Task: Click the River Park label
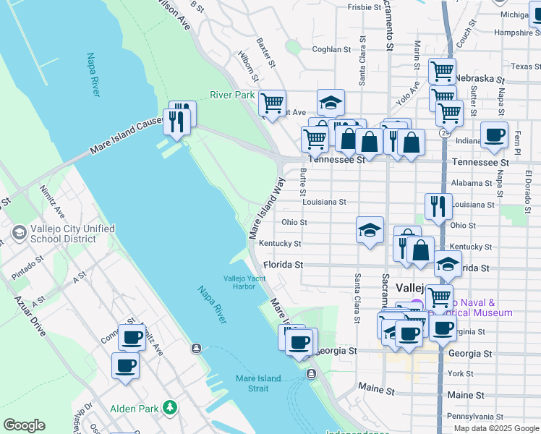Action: (232, 95)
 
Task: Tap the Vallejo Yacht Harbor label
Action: (239, 282)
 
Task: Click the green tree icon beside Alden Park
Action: (170, 408)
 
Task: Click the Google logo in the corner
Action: (24, 425)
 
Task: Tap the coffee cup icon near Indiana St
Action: (495, 135)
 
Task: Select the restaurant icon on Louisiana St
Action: (438, 206)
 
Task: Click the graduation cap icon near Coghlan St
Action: (331, 102)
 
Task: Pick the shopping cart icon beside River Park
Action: (272, 103)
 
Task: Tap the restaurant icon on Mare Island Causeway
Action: (176, 120)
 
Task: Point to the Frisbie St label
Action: (365, 7)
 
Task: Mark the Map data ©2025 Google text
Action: (495, 428)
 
